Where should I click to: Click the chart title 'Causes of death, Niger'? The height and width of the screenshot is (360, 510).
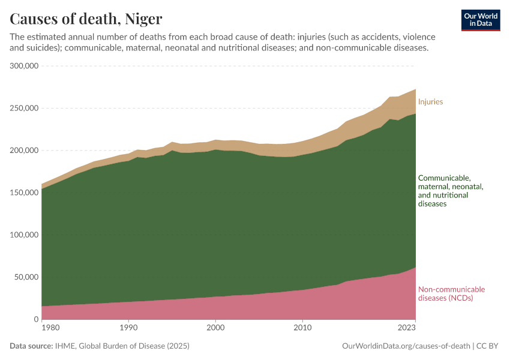[x=86, y=19]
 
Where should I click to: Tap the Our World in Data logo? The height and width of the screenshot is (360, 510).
[x=481, y=20]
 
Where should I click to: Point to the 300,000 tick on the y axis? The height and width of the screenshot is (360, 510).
[x=25, y=66]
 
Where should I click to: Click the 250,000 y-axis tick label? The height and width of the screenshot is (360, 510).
[x=25, y=109]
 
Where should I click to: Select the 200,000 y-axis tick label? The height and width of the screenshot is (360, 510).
[x=25, y=151]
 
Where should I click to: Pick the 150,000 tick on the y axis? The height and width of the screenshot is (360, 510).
[x=25, y=193]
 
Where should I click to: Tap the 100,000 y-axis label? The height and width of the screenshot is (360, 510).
[x=25, y=235]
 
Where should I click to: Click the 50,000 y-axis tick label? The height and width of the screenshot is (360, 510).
[x=27, y=277]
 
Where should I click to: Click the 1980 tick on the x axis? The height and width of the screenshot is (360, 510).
[x=51, y=328]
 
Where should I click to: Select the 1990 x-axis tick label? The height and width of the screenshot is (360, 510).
[x=128, y=328]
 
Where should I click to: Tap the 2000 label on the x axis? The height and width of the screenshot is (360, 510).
[x=216, y=328]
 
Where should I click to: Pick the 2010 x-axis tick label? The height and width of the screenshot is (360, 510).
[x=303, y=328]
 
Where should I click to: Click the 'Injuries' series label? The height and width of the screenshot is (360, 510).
[x=430, y=101]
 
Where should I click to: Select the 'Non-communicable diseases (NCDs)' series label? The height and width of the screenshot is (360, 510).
[x=451, y=293]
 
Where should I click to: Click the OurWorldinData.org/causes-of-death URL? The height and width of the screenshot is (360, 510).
[x=405, y=346]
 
